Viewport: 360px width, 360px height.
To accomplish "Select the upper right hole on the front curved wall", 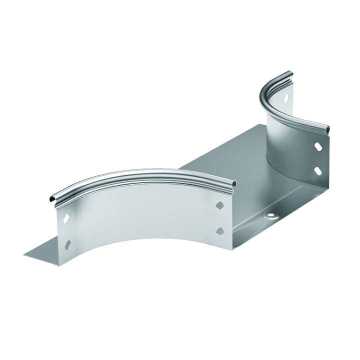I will point(219,205).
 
